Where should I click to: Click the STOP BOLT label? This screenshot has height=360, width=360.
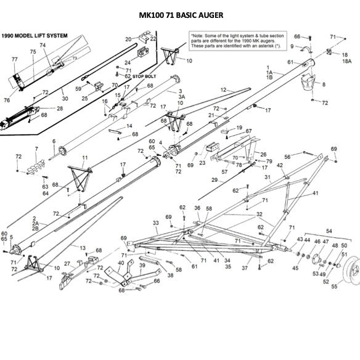[145, 76]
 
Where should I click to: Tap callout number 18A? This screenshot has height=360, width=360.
[346, 62]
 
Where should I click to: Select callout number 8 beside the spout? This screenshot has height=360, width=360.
[324, 84]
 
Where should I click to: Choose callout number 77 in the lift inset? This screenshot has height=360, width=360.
[14, 59]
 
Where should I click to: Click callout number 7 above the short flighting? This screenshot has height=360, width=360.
[36, 149]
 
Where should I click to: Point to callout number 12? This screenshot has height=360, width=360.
[223, 90]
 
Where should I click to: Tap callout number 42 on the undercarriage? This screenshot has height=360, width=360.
[279, 165]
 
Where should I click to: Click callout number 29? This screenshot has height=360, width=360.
[215, 180]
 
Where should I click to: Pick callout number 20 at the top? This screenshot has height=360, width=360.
[128, 39]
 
